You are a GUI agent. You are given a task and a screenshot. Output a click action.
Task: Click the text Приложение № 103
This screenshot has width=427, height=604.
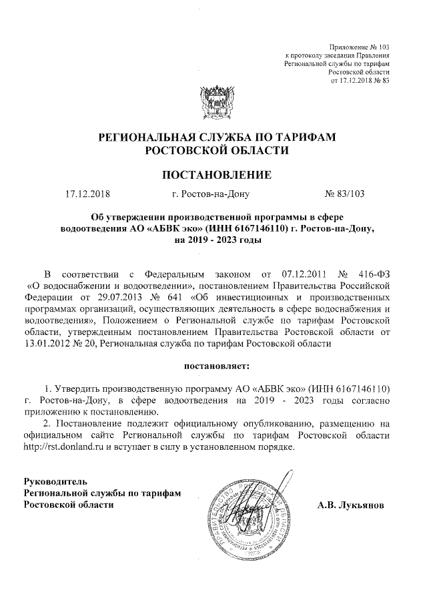tap(360, 46)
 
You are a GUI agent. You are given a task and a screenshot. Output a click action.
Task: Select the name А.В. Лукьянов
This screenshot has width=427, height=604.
tap(351, 505)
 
